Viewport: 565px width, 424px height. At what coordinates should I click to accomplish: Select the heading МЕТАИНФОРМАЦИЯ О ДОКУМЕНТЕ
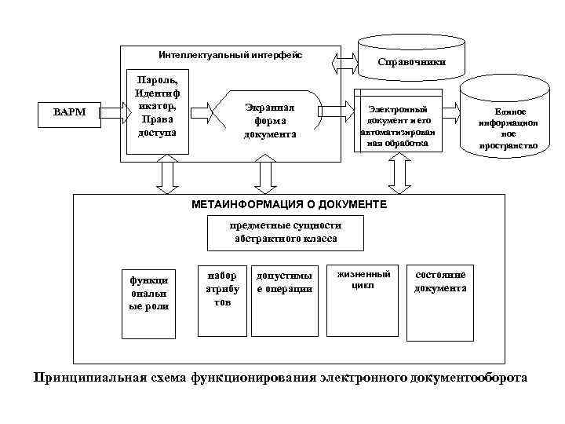click(289, 204)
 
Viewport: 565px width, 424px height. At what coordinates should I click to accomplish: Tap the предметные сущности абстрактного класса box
click(284, 232)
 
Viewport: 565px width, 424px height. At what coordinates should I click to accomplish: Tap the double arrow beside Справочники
click(344, 59)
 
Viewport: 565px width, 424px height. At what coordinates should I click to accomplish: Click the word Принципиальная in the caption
click(89, 377)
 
